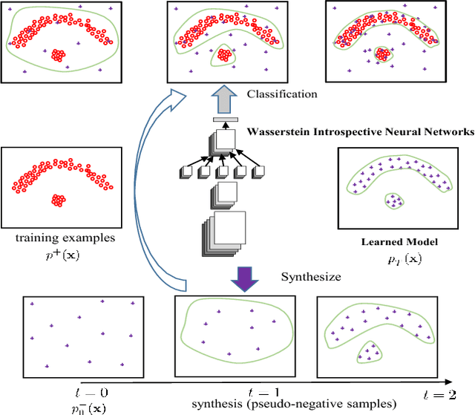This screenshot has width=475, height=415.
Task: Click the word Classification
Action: tap(283, 94)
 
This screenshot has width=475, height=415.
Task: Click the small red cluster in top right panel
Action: tap(383, 54)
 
